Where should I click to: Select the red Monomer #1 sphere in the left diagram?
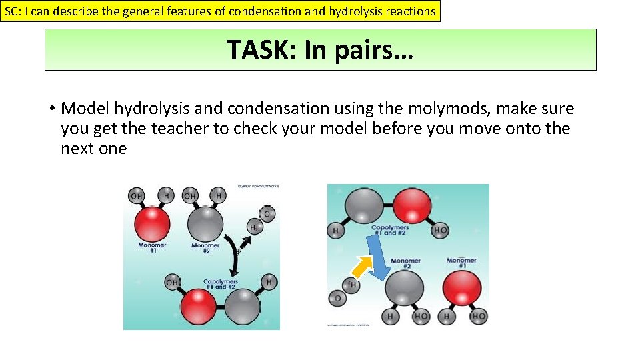tap(151, 223)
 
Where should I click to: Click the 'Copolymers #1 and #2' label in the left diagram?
tap(221, 283)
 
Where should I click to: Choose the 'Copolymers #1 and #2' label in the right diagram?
tap(390, 229)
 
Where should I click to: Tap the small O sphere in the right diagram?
tap(337, 298)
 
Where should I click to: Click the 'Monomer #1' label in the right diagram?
tap(461, 263)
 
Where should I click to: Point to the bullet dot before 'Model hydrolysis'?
tap(51, 109)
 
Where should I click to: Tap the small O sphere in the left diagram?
tap(267, 213)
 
